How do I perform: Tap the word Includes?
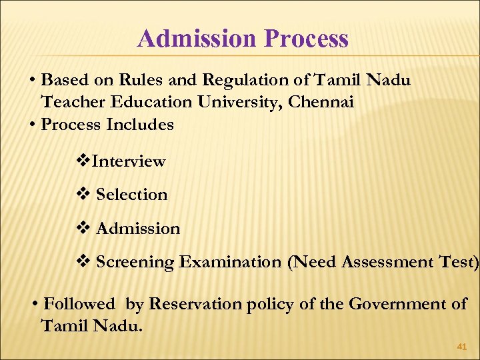point(139,125)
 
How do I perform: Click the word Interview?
point(129,161)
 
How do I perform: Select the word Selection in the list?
point(132,195)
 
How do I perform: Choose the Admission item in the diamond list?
point(138,229)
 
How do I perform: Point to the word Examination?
point(230,262)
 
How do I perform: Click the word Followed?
point(79,305)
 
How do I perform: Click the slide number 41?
point(461,347)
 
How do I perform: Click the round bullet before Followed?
point(35,305)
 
